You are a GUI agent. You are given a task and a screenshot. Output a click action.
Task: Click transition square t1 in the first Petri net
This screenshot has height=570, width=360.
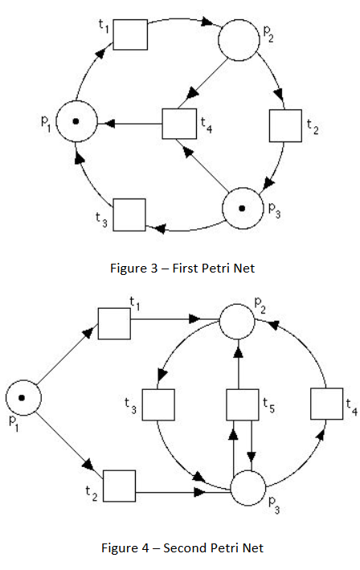[130, 35]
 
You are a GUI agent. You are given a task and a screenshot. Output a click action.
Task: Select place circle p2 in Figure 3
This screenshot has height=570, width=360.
[239, 40]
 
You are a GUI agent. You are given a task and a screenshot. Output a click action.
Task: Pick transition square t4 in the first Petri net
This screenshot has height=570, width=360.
[179, 124]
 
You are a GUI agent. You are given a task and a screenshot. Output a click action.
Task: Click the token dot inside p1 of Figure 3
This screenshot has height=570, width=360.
[76, 123]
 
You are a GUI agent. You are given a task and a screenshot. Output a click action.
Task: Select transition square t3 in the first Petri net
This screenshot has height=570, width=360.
[129, 214]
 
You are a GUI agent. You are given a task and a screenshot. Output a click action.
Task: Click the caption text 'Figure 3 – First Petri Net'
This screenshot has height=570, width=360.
[182, 268]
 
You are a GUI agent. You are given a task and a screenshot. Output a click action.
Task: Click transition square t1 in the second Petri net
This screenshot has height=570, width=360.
[113, 322]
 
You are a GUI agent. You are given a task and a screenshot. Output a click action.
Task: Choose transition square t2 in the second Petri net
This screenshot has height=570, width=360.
[120, 486]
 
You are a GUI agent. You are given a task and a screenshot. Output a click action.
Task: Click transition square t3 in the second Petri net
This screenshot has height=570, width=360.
[159, 404]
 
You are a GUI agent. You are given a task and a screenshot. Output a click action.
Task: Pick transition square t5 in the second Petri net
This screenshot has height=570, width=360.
[242, 404]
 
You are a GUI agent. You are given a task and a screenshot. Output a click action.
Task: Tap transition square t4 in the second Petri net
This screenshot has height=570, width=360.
[326, 404]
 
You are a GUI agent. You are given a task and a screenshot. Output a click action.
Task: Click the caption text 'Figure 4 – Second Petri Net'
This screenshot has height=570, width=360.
[182, 548]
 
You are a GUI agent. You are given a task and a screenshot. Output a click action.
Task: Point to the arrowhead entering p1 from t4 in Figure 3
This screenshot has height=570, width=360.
[108, 124]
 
